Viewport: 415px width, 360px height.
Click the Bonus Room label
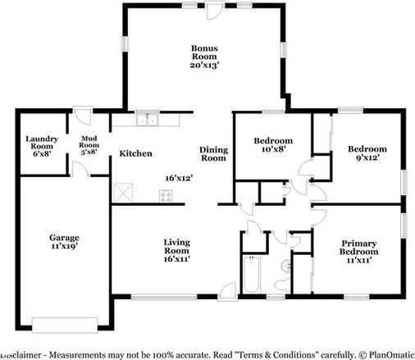click(x=204, y=57)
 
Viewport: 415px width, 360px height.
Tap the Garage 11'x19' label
click(x=64, y=242)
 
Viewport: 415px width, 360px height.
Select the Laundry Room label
click(x=42, y=146)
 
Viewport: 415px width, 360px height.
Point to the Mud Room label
click(x=89, y=145)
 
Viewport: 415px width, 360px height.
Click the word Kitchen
click(x=135, y=153)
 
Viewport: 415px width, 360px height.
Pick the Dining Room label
click(x=213, y=153)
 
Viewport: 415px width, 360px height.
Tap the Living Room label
click(x=177, y=250)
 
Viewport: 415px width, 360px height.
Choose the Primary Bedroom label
click(x=358, y=252)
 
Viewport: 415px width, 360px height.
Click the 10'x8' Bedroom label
click(x=273, y=145)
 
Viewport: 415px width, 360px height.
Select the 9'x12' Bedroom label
click(x=367, y=153)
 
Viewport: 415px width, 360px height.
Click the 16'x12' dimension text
click(x=179, y=178)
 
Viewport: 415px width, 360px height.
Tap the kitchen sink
click(x=148, y=118)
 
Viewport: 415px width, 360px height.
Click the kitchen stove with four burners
click(x=166, y=196)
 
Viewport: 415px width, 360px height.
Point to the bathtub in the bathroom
click(x=252, y=274)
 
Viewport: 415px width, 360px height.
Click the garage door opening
click(x=65, y=325)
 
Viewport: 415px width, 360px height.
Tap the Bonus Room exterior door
click(x=216, y=11)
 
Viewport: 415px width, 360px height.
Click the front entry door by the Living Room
click(x=228, y=292)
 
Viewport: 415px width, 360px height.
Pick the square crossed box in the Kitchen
click(x=123, y=193)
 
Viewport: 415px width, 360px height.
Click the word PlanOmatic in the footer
click(x=391, y=355)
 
